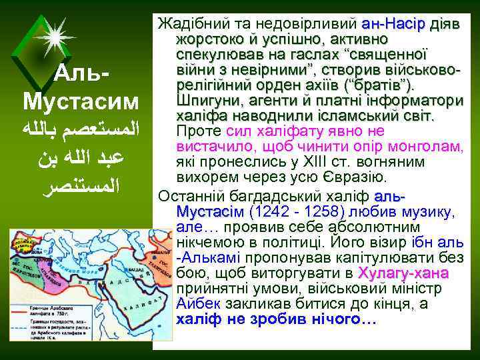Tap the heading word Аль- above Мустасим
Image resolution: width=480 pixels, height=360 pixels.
click(x=83, y=72)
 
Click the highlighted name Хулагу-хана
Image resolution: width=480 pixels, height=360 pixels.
click(x=403, y=273)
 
